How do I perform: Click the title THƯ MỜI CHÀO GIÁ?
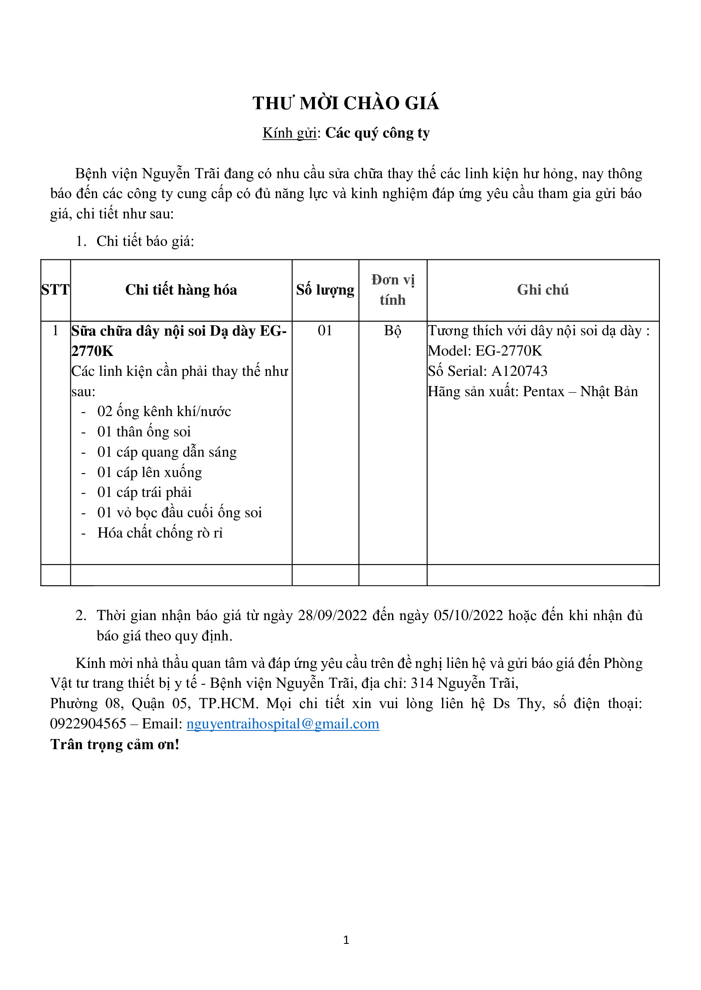[x=346, y=103]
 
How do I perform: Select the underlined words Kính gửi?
[x=289, y=133]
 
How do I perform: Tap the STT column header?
[x=55, y=290]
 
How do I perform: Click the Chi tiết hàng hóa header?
[x=181, y=290]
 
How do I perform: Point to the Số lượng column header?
[x=325, y=290]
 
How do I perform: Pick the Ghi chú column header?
[x=542, y=290]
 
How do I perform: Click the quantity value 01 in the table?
[x=325, y=331]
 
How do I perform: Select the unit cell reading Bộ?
[x=392, y=331]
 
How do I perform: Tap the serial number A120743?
[x=519, y=371]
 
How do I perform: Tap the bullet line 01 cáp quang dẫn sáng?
[x=167, y=452]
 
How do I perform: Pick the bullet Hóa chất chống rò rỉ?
[x=160, y=533]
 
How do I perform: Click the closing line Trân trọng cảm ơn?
[x=114, y=744]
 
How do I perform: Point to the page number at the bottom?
[x=346, y=940]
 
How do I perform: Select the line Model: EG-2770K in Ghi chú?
[x=485, y=351]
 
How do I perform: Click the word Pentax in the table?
[x=543, y=392]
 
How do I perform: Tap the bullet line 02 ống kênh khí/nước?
[x=164, y=412]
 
